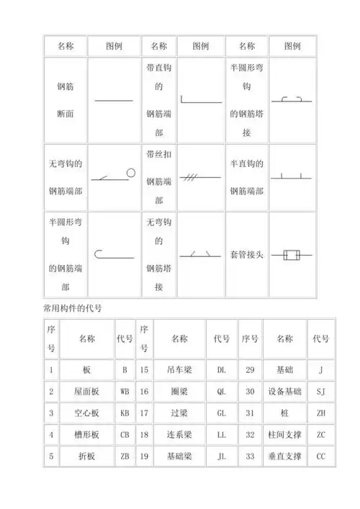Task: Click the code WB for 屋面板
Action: point(125,392)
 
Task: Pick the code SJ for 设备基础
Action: point(321,392)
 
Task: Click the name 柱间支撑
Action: point(284,435)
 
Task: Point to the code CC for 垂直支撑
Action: point(321,456)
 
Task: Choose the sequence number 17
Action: point(144,413)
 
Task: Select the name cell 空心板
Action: point(86,413)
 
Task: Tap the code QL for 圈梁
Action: point(221,392)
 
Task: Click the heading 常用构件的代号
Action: point(76,307)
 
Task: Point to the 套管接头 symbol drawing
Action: point(291,254)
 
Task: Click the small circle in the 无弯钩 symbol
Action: point(131,172)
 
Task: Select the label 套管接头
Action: point(247,254)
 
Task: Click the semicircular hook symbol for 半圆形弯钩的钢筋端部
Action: point(113,253)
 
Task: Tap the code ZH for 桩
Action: point(321,413)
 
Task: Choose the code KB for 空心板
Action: point(125,413)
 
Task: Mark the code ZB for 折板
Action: point(125,456)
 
